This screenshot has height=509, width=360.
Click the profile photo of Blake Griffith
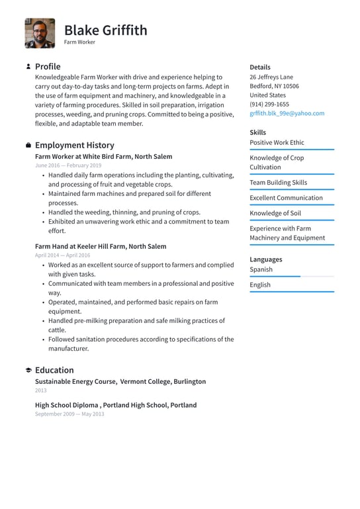40,33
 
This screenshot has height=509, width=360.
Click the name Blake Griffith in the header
106,30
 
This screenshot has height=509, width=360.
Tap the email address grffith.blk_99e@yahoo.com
287,113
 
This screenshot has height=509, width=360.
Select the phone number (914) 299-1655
269,104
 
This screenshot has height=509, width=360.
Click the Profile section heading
48,66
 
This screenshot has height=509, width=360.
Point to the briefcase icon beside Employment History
28,145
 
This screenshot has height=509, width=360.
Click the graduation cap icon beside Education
28,370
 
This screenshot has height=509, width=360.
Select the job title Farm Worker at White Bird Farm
103,157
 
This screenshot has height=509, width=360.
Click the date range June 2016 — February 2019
68,165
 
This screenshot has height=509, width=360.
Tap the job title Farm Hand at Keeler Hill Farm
101,246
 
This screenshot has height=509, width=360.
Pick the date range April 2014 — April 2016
63,255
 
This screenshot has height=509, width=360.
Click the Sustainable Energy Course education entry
120,381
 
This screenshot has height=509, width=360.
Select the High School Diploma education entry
115,405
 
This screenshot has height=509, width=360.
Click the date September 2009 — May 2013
69,414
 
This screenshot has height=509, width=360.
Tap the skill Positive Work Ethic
277,142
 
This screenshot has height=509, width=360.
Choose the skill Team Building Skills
278,182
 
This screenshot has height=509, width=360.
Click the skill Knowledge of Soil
275,213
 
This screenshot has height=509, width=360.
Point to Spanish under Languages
261,269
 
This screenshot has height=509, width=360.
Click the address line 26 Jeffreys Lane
271,77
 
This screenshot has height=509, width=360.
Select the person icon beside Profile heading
28,67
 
